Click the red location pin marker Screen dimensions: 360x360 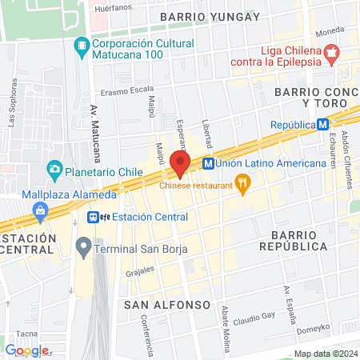pos(179,162)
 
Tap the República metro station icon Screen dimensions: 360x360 pos(322,125)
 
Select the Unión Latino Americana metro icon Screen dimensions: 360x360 pos(208,163)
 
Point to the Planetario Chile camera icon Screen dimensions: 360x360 pos(54,169)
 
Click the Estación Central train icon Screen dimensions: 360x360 pos(94,217)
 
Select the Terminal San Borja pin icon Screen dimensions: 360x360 pos(82,245)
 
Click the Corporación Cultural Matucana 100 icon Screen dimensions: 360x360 pos(81,46)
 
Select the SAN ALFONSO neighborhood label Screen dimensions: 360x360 pos(166,305)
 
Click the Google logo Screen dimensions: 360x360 pos(26,350)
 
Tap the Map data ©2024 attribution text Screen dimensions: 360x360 pos(325,354)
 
